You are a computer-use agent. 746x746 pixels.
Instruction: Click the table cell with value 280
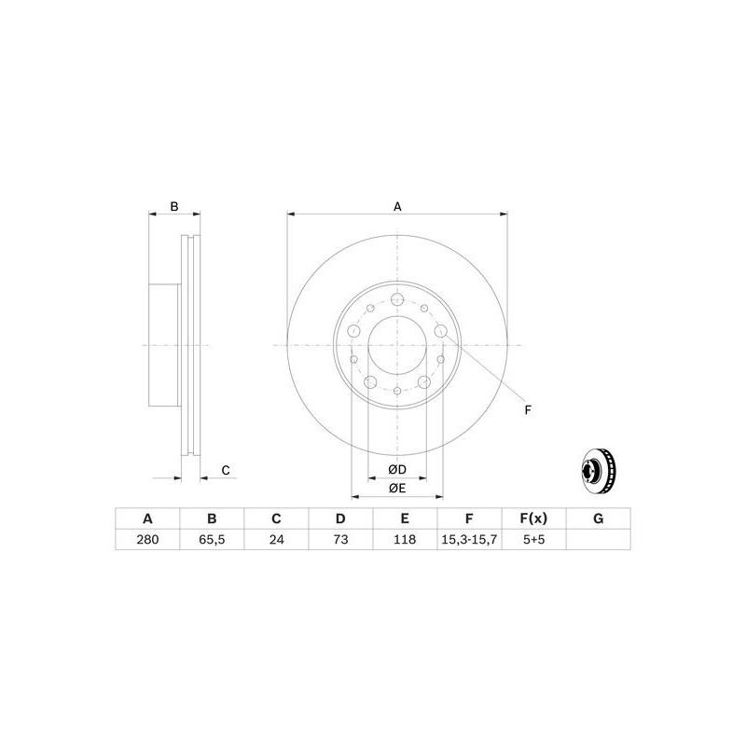click(x=146, y=539)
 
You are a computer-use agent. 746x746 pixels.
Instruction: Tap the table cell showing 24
click(x=276, y=539)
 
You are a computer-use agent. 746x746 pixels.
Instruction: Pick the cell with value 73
click(x=340, y=539)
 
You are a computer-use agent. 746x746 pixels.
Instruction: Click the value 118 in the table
click(x=405, y=539)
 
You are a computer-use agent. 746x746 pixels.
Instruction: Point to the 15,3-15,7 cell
click(x=469, y=539)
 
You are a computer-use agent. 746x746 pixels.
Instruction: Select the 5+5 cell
click(x=533, y=539)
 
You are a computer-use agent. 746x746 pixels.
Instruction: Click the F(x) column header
click(x=533, y=518)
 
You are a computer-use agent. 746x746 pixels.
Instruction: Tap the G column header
click(x=599, y=518)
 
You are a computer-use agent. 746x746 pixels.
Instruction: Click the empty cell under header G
click(x=599, y=539)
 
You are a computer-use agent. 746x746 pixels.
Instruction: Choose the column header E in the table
click(x=405, y=518)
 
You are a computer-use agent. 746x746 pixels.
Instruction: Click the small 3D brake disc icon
click(x=597, y=474)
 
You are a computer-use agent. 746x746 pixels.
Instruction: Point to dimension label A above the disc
click(x=397, y=206)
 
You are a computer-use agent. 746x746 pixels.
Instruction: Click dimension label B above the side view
click(x=173, y=206)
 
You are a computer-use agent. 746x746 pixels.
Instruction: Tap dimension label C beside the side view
click(x=225, y=470)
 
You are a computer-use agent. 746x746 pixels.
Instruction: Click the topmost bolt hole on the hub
click(x=397, y=300)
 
